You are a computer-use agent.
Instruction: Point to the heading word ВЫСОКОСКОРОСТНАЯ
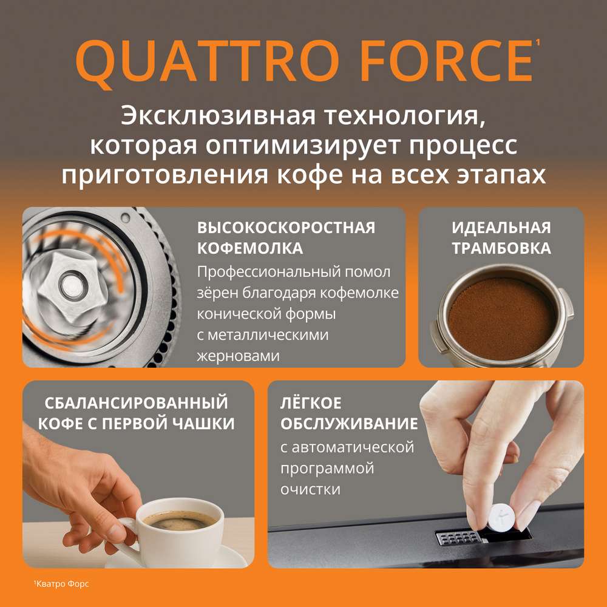pyautogui.click(x=286, y=228)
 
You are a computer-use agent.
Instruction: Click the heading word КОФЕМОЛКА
pyautogui.click(x=250, y=248)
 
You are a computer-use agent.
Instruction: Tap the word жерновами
pyautogui.click(x=238, y=355)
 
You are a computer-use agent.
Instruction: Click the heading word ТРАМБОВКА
pyautogui.click(x=501, y=248)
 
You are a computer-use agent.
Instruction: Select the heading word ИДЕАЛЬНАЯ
pyautogui.click(x=501, y=228)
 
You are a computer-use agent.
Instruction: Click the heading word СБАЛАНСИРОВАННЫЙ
pyautogui.click(x=136, y=402)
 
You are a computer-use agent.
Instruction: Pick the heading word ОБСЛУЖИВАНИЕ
pyautogui.click(x=349, y=424)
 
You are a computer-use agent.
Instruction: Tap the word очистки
pyautogui.click(x=310, y=489)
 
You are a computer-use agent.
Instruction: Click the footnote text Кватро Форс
pyautogui.click(x=62, y=583)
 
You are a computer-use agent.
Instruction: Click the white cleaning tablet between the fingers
pyautogui.click(x=501, y=517)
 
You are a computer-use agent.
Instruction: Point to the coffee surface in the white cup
pyautogui.click(x=180, y=521)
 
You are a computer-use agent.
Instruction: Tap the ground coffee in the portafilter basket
pyautogui.click(x=501, y=319)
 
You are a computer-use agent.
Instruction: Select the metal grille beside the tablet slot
pyautogui.click(x=457, y=537)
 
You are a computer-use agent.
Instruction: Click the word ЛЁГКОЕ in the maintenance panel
pyautogui.click(x=311, y=402)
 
